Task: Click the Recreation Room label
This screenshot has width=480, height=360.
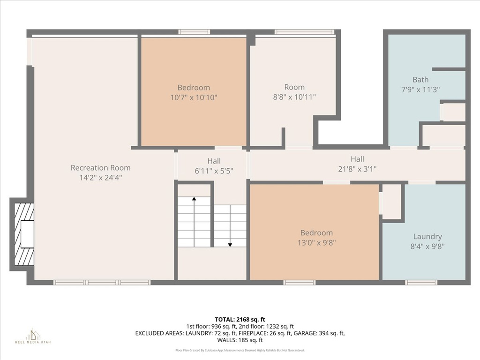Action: [100, 168]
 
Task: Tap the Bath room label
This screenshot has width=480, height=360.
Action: [420, 80]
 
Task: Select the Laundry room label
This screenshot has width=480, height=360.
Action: [427, 237]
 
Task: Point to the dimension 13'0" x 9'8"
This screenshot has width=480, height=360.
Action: [316, 243]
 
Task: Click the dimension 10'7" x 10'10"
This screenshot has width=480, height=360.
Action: [194, 97]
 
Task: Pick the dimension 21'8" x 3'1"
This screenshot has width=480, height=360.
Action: [357, 169]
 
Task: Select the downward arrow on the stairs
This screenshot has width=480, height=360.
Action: [230, 226]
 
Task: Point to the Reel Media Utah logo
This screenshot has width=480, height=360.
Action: [33, 336]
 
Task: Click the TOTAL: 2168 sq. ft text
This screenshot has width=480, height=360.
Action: [240, 320]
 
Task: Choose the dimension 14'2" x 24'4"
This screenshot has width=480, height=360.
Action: [100, 178]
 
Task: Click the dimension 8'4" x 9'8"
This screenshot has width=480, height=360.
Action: [427, 247]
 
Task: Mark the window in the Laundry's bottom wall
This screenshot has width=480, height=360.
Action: [421, 282]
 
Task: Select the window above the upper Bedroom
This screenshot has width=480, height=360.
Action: [195, 32]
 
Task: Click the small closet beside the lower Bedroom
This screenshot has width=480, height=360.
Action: [391, 202]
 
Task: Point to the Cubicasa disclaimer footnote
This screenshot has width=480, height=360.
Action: [240, 350]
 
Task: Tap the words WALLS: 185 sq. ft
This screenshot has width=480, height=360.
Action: [240, 340]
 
